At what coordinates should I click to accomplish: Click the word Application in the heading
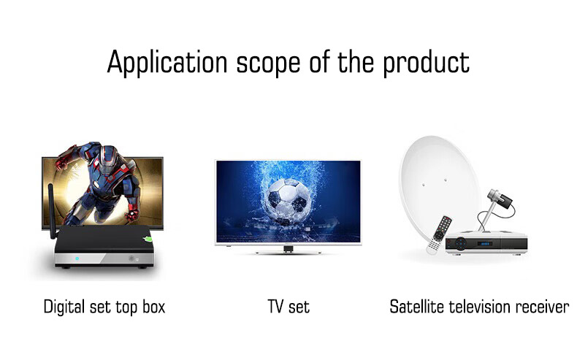coord(167,63)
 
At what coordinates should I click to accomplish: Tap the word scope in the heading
coord(268,65)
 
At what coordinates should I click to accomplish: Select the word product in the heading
coord(426,64)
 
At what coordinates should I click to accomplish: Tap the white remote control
coord(440,234)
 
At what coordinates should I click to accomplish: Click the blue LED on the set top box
coord(77,258)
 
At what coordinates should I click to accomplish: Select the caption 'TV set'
coord(288,307)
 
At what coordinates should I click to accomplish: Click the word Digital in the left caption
coord(65,307)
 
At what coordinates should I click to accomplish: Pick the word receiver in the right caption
coord(542,307)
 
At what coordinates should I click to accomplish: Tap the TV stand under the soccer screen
coord(288,250)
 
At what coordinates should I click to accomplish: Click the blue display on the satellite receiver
coord(485,244)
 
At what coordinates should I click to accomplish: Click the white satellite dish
coord(438,184)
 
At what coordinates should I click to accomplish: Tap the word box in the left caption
coord(154,307)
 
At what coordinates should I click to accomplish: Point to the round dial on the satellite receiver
coord(460,243)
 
